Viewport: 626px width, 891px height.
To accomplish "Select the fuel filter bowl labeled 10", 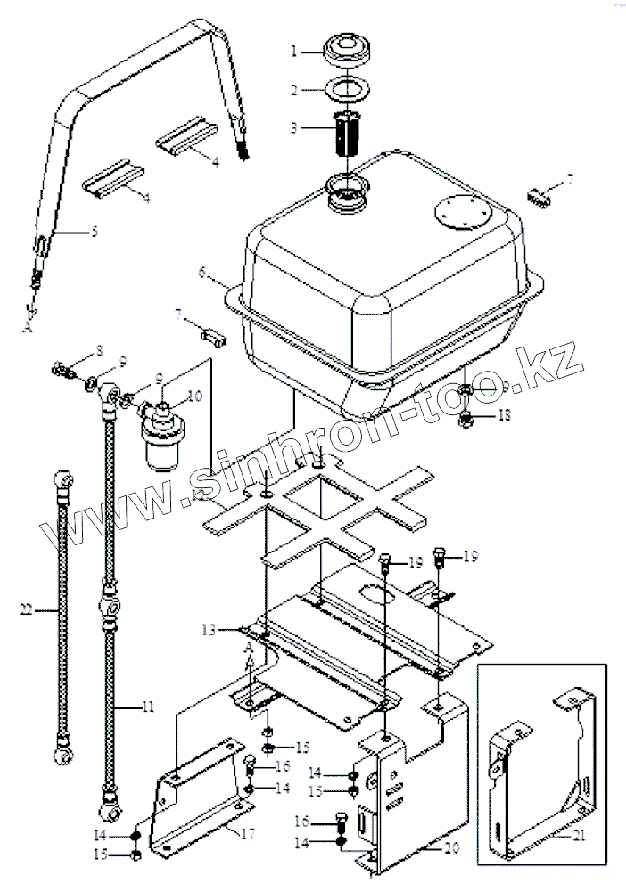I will click(x=166, y=443).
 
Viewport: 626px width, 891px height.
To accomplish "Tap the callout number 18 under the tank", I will click(x=505, y=415).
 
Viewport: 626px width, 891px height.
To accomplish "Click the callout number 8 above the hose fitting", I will click(x=75, y=349).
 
